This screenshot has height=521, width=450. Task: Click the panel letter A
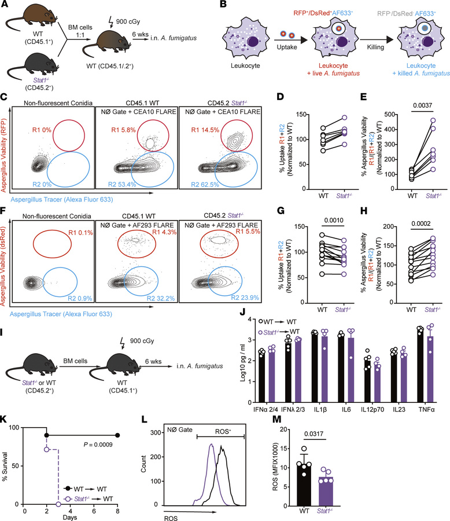tap(5, 6)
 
